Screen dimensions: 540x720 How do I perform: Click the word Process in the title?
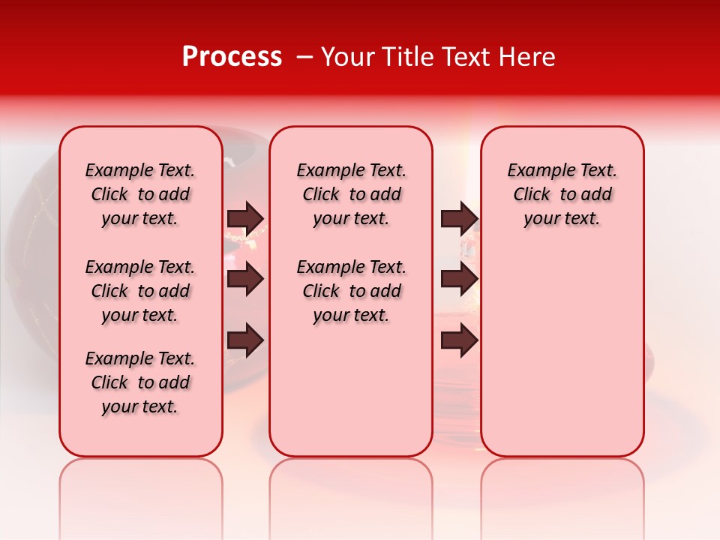[232, 57]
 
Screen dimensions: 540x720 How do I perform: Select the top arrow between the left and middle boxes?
[245, 218]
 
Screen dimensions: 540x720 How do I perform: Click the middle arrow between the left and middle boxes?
[245, 280]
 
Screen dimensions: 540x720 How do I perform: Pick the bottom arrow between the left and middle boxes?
[245, 341]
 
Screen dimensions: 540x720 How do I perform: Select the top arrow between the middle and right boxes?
[459, 218]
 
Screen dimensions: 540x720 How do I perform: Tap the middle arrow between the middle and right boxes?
[459, 280]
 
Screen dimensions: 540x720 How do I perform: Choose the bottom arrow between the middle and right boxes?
[459, 341]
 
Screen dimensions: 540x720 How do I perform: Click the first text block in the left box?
[140, 194]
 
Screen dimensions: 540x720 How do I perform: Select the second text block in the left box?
[140, 291]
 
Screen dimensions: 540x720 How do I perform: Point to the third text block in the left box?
[140, 382]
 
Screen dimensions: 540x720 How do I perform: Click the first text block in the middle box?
[351, 194]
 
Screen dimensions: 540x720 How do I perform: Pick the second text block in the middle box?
[351, 291]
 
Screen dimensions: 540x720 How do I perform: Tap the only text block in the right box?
[562, 194]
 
